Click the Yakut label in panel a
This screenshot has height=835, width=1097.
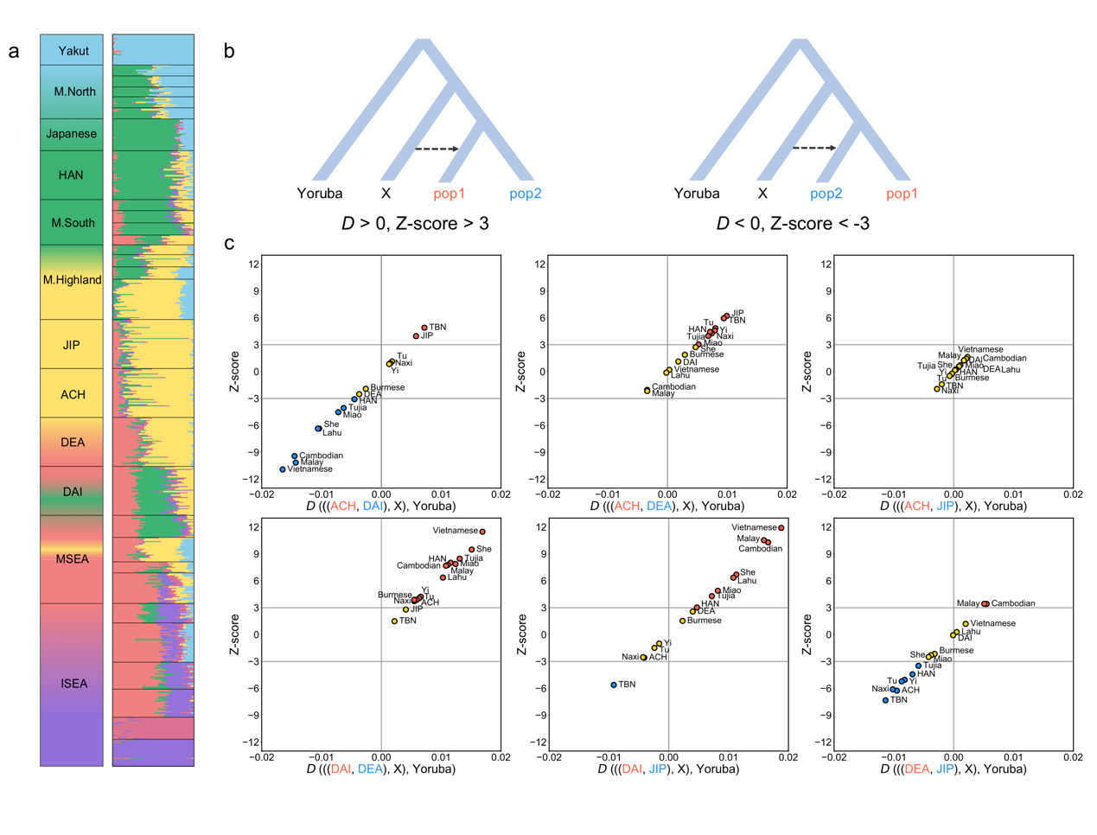tap(73, 51)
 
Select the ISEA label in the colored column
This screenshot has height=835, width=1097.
tap(73, 684)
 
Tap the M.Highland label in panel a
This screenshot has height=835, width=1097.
tap(73, 280)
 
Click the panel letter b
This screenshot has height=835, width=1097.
tap(229, 51)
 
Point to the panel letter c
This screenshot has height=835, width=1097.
tap(229, 243)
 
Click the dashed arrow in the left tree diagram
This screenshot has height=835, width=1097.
tap(437, 149)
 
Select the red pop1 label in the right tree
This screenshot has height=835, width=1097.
tap(902, 194)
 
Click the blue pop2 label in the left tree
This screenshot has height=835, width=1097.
tap(525, 194)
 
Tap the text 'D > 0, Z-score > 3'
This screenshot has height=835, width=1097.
tap(415, 224)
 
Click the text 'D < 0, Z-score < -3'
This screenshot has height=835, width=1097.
tap(793, 224)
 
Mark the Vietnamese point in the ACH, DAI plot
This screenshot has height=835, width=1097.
tap(283, 469)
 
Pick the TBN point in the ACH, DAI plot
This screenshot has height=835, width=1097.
tap(424, 328)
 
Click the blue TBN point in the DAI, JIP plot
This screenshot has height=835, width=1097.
tap(614, 685)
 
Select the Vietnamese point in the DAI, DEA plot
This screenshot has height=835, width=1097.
tap(482, 532)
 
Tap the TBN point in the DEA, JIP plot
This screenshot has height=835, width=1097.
tap(885, 700)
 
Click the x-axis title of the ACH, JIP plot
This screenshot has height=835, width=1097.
tap(953, 507)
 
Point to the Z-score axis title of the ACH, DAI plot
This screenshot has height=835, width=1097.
tap(234, 372)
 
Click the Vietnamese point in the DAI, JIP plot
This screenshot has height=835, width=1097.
tap(781, 527)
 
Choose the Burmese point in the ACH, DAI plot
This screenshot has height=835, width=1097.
tap(366, 389)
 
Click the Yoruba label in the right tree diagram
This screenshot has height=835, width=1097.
tap(697, 194)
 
